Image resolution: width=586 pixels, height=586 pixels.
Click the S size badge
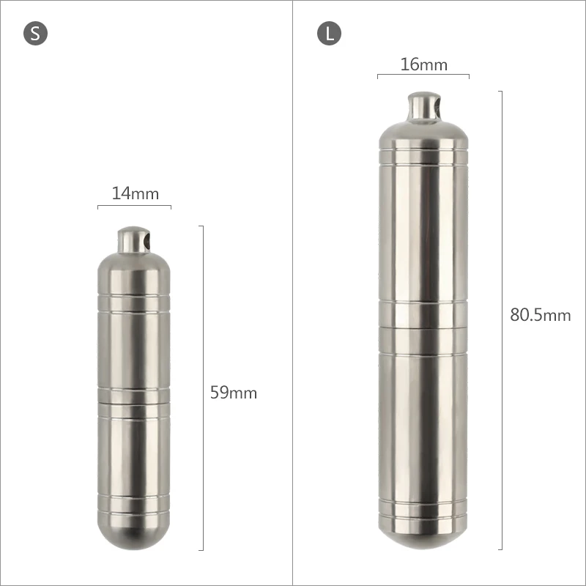(35, 34)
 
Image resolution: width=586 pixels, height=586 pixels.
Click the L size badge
(329, 34)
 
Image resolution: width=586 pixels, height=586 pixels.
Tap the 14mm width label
(136, 193)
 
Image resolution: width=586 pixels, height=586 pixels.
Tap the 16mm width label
(424, 64)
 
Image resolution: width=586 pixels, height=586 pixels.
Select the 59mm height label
(234, 393)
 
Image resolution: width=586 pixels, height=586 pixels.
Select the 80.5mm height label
(541, 315)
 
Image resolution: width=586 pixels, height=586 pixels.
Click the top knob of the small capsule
(133, 240)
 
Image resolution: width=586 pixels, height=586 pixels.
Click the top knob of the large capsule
(423, 106)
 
